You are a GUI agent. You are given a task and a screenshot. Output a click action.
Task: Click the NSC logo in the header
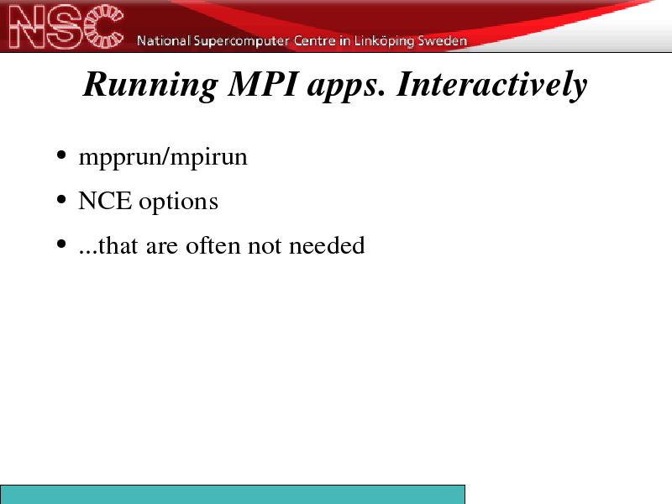click(66, 26)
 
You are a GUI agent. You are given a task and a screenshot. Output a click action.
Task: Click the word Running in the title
click(150, 86)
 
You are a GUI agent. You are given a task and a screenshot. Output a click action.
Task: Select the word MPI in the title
click(262, 84)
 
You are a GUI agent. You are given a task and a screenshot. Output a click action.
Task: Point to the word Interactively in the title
click(491, 86)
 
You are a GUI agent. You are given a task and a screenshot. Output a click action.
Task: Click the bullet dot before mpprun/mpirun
click(61, 155)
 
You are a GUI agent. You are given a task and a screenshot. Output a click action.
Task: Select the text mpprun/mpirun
click(163, 158)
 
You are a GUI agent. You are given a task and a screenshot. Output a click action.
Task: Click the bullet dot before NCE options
click(61, 200)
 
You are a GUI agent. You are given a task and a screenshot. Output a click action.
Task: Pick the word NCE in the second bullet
click(104, 201)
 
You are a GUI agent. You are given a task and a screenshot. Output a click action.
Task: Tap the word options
click(178, 202)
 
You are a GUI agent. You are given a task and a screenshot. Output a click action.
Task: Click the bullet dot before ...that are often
click(61, 244)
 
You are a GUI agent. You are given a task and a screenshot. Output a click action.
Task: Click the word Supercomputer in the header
click(241, 40)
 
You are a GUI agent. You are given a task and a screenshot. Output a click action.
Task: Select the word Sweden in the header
click(442, 40)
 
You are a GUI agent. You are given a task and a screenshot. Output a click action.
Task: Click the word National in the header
click(163, 40)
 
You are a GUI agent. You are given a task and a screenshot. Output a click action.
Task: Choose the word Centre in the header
click(314, 40)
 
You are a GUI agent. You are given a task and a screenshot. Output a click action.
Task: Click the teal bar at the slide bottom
click(233, 495)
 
